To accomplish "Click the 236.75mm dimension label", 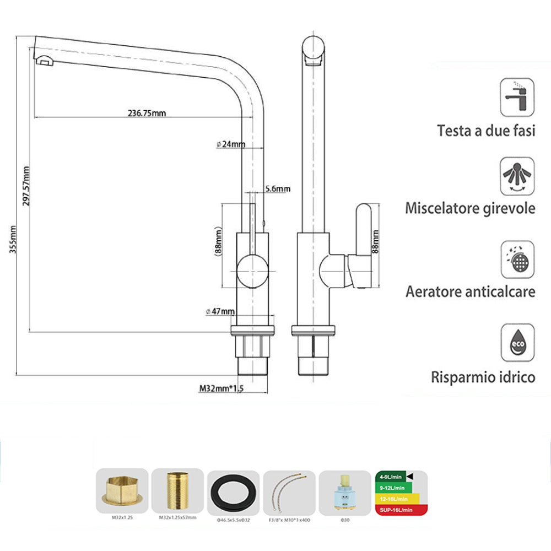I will coord(147,113).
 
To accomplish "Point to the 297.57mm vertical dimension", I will coord(25,186).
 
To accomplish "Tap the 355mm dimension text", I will coord(13,240).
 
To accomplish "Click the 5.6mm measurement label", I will coord(277,189).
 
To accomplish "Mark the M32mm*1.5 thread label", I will coord(221,389).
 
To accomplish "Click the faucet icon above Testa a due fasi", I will coord(517,96).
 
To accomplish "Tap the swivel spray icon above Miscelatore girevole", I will coord(517,176).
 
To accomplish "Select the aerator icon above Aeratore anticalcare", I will coord(517,260).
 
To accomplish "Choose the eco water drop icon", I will coord(517,343).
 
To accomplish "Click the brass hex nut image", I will coord(122,490).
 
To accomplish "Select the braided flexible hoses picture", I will coord(289,492).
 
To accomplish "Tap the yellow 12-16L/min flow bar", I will coord(396,499).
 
